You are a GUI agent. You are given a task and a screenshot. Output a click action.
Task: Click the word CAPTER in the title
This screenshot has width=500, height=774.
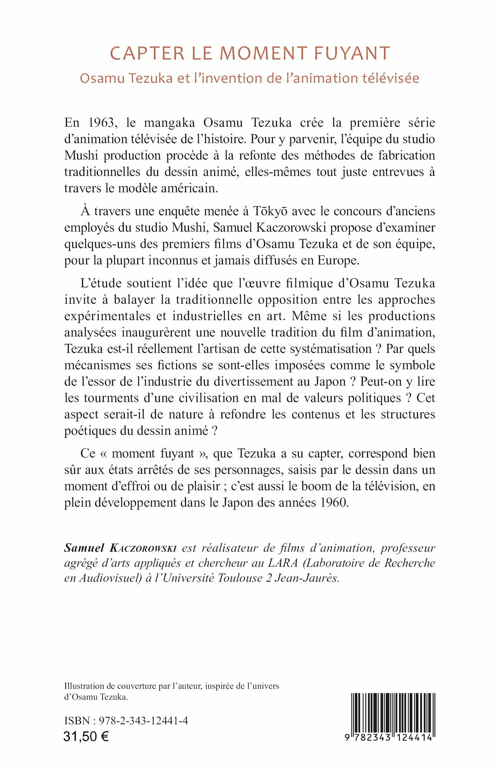[147, 54]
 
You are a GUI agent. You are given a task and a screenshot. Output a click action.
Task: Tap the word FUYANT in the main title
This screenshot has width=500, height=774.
[352, 54]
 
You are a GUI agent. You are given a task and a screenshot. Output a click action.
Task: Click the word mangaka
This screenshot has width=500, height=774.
[169, 122]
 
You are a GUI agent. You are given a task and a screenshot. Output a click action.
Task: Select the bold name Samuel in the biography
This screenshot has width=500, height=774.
[84, 548]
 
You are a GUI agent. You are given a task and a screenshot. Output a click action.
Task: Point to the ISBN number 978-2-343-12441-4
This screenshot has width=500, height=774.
[143, 721]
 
